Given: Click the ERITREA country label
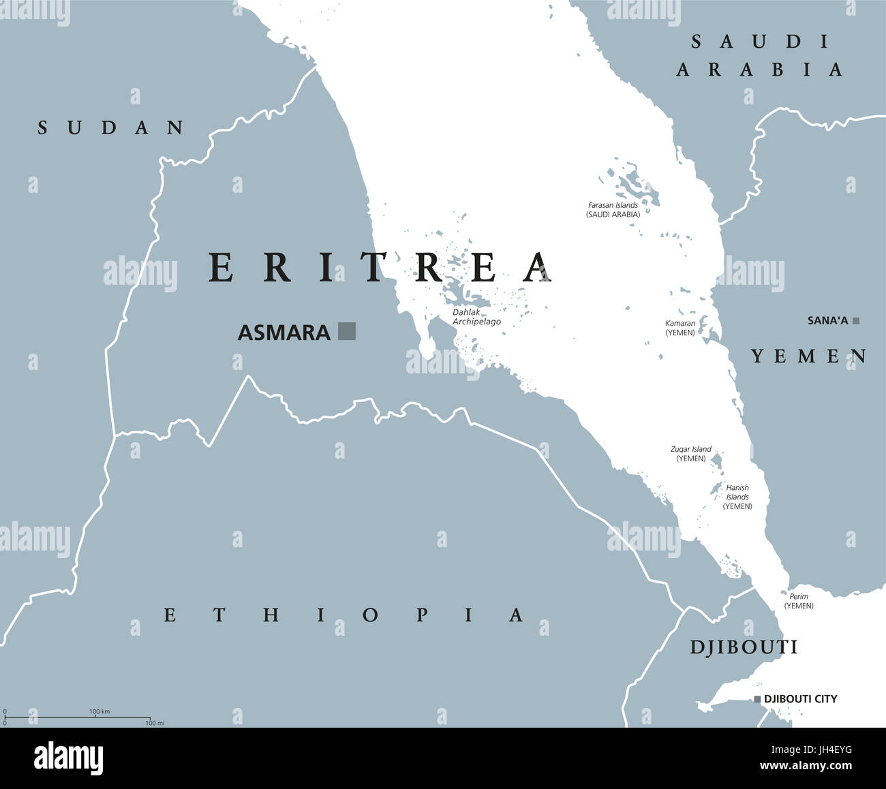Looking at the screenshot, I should [380, 268].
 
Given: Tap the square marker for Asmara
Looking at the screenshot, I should [347, 331].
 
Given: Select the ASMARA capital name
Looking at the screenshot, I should [284, 332].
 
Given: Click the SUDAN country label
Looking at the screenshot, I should [111, 127].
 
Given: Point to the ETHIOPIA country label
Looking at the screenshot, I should [344, 615].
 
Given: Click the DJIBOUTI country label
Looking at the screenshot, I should [744, 647].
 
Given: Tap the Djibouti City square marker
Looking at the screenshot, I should [757, 699].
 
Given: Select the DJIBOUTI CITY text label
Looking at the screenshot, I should [800, 699].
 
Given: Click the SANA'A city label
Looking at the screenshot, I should [827, 320].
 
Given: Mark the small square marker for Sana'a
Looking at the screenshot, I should [856, 320].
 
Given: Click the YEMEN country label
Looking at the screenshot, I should [809, 356].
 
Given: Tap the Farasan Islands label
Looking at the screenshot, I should [613, 209].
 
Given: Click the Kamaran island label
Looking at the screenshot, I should [680, 328].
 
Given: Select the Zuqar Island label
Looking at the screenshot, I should [691, 454].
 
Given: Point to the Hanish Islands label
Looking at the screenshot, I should [737, 497].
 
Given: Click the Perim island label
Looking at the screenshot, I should [799, 601].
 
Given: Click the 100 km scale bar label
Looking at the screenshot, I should [100, 711].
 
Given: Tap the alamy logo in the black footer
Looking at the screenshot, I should [69, 758].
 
